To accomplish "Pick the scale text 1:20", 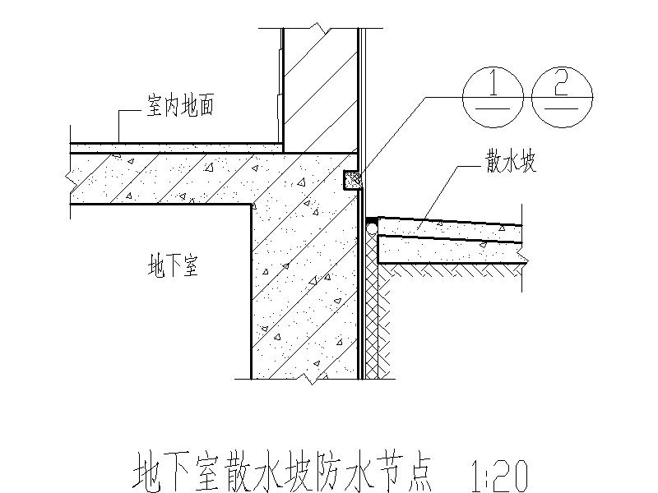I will pos(497,474).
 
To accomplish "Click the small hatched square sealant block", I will pos(351,179).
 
